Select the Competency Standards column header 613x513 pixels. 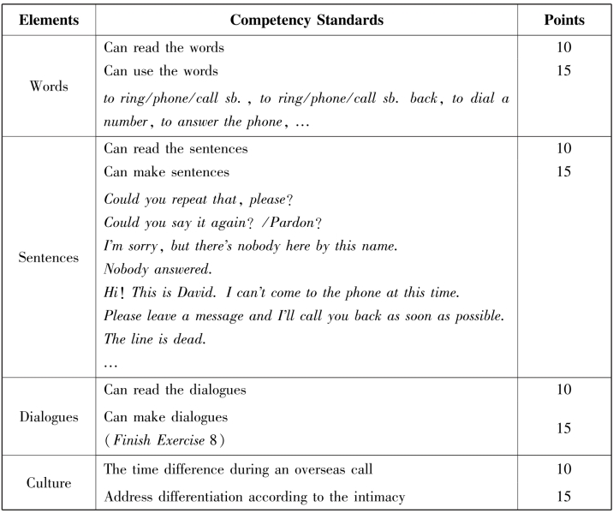[306, 19]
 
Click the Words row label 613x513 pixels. [48, 86]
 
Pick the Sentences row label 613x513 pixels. [48, 257]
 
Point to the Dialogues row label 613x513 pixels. [48, 417]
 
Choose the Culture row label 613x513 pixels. [48, 483]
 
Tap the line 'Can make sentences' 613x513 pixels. [166, 172]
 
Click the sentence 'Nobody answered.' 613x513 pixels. [152, 269]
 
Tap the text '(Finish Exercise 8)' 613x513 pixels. [164, 438]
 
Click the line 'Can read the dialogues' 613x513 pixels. [175, 390]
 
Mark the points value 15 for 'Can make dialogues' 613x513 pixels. [563, 427]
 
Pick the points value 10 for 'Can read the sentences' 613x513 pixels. [563, 149]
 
